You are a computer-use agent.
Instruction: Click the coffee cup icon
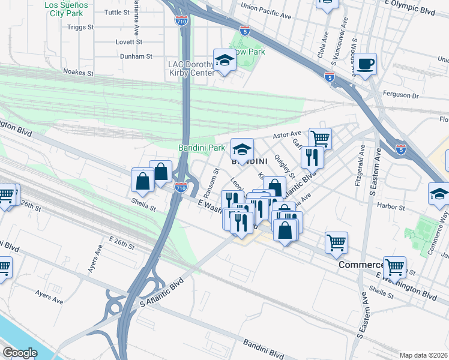tap(364, 63)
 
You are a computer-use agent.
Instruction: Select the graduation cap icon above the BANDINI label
tap(242, 149)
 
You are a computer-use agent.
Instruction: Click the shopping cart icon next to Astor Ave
tap(321, 139)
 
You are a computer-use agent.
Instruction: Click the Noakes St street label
tap(79, 72)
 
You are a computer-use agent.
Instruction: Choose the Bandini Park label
tap(201, 147)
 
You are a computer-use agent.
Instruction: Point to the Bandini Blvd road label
tap(264, 347)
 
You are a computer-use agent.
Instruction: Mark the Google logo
tap(20, 352)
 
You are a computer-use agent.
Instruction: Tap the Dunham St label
tap(136, 56)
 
